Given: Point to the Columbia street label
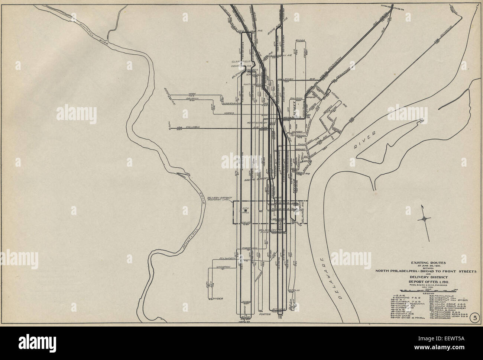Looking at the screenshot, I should pos(193,127).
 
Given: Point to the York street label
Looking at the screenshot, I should pos(192,93).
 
